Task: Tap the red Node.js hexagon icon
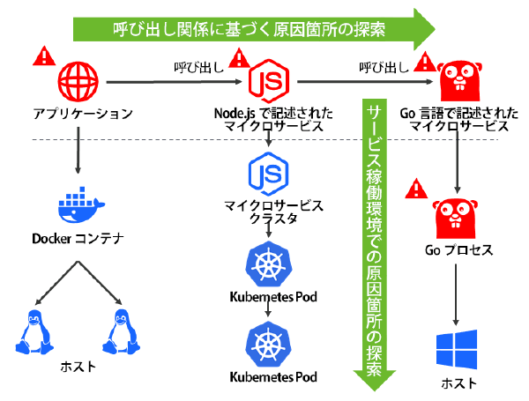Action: point(270,81)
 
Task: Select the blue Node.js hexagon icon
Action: point(270,173)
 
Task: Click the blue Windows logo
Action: point(457,349)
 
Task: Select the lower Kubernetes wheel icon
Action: point(270,344)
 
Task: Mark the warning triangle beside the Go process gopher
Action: point(416,188)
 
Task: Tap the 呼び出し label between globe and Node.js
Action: point(194,66)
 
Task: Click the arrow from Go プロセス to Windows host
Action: point(458,295)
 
